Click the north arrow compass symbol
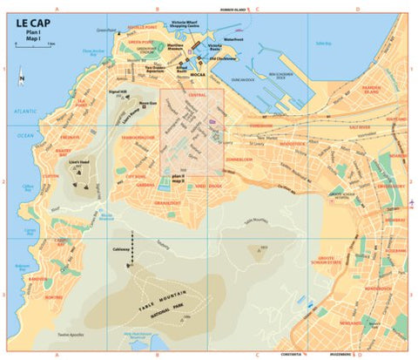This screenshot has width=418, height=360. point(23,80)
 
